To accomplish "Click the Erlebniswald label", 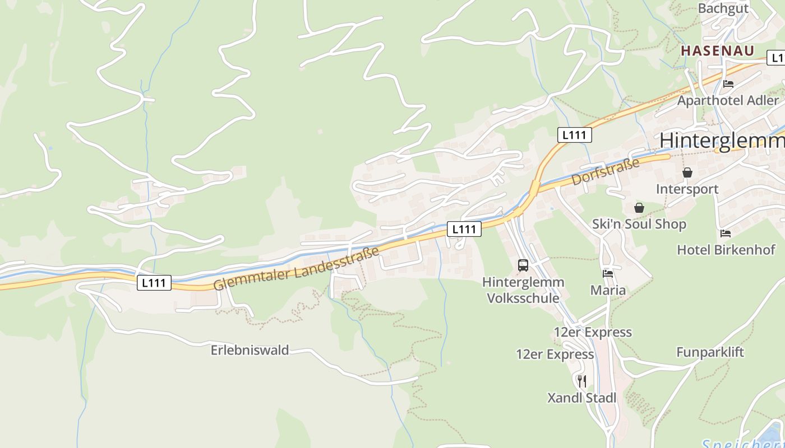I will coord(250,351).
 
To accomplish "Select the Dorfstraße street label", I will coord(606,172).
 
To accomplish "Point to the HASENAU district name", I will coord(717,50).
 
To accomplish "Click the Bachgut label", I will coord(723,8).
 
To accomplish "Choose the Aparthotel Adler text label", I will coord(728,101).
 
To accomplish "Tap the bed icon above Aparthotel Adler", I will coord(728,84).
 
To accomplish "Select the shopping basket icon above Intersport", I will coord(687,172).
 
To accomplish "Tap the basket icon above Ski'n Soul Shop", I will coord(639,208).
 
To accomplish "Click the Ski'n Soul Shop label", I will coord(639,225).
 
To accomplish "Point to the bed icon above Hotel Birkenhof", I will coord(726,234).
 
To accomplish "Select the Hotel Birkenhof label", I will coord(726,250).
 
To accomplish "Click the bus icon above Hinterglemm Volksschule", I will coord(523,265).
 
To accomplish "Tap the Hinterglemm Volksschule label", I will coord(523,290).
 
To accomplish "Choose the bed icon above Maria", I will coord(608,274).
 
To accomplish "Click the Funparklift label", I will coord(710,352).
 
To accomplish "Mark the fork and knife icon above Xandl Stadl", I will coord(582,381).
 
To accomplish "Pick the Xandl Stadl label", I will coord(581,398).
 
